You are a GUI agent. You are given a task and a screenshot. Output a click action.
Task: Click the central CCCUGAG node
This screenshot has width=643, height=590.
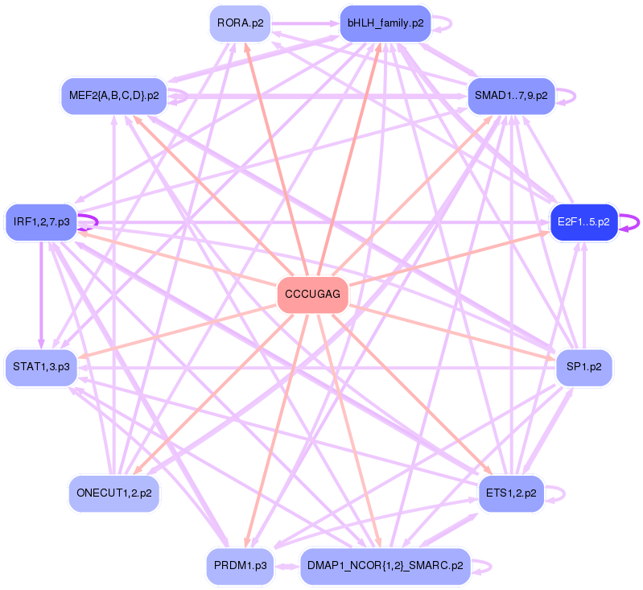(312, 295)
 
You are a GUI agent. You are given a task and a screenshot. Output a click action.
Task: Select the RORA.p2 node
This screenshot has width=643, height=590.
(240, 23)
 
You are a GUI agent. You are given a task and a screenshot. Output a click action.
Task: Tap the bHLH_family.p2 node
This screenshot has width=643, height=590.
(385, 23)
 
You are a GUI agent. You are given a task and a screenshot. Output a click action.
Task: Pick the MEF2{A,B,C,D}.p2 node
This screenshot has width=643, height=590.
(113, 96)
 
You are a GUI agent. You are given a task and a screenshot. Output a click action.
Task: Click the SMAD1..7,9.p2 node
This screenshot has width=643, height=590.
(510, 96)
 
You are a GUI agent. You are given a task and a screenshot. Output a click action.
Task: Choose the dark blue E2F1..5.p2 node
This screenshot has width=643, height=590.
(583, 221)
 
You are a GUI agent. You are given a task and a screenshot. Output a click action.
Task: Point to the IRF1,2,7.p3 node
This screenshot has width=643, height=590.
(41, 221)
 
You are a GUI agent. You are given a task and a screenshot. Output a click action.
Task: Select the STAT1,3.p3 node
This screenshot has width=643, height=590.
(41, 367)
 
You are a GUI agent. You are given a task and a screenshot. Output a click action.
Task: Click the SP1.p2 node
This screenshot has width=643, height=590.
(584, 367)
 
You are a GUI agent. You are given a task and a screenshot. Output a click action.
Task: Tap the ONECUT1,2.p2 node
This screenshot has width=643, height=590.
(113, 493)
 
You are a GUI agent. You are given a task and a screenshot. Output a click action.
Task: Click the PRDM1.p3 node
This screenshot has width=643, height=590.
(241, 566)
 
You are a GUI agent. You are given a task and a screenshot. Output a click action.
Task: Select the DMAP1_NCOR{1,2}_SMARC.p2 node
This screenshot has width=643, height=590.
(385, 566)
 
